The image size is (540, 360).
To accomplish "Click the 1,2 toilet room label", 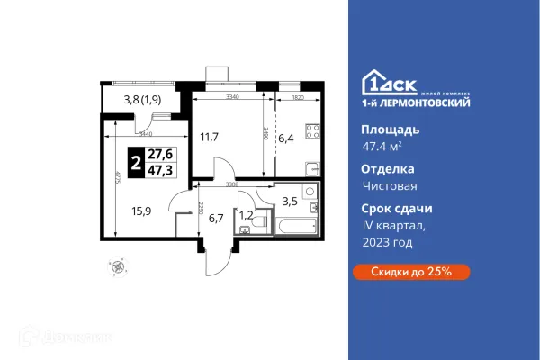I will (246, 214).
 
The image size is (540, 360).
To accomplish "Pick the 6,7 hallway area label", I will (215, 219).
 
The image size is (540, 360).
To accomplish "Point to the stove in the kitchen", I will (315, 131).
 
